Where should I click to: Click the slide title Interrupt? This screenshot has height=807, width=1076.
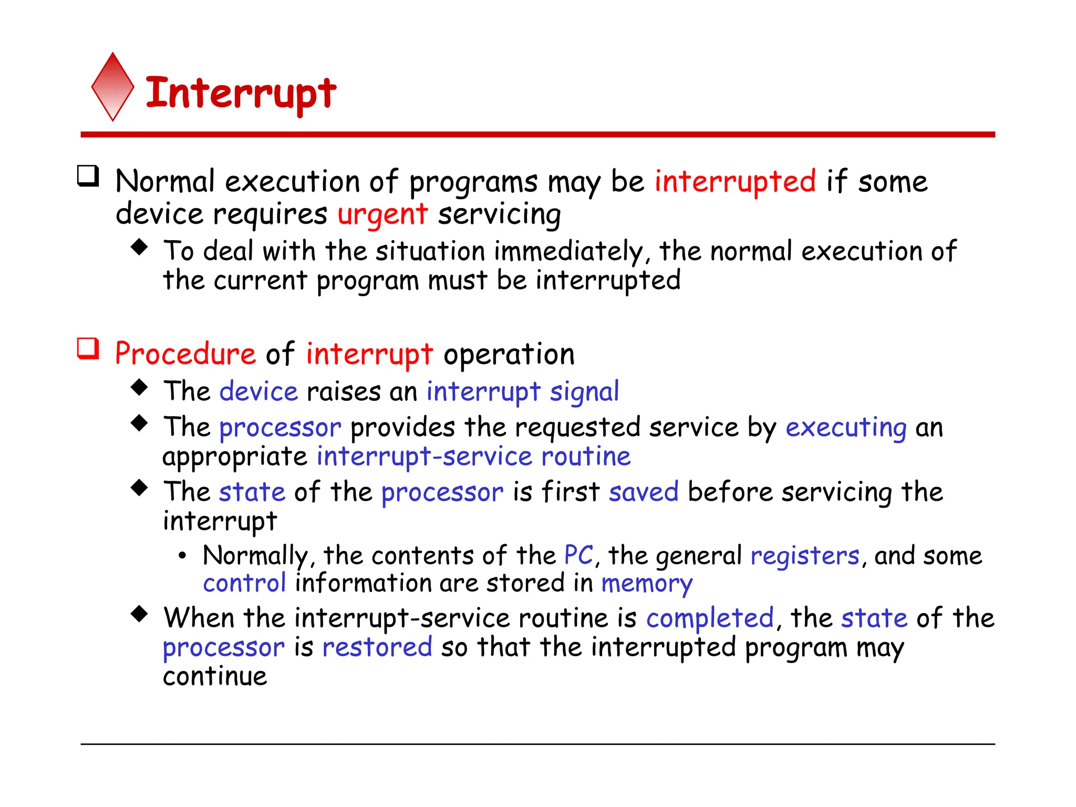coord(241,93)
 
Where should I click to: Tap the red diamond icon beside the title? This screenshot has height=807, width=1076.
coord(112,87)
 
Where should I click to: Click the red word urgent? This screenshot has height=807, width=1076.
coord(382,214)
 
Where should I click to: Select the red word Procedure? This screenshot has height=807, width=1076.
coord(185,354)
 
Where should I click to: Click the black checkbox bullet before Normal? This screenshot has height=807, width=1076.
coord(88,176)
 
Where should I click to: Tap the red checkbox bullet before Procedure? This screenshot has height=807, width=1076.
coord(88,348)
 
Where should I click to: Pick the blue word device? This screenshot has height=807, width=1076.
coord(258,392)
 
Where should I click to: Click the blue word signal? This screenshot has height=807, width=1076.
coord(584,392)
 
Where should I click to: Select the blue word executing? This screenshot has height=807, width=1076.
coord(846,427)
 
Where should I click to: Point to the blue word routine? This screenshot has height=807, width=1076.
coord(586,456)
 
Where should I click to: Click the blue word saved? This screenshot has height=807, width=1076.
coord(644,492)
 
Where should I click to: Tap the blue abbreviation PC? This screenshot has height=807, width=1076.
coord(578,555)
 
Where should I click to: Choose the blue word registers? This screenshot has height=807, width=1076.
coord(805,556)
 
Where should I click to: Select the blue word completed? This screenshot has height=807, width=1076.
coord(710,618)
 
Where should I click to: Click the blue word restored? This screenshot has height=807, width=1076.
coord(377,647)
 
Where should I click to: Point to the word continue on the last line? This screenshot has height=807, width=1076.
coord(215,676)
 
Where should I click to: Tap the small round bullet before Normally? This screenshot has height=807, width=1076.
coord(182,556)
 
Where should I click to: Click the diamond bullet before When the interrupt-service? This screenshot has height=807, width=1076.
coord(139,613)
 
